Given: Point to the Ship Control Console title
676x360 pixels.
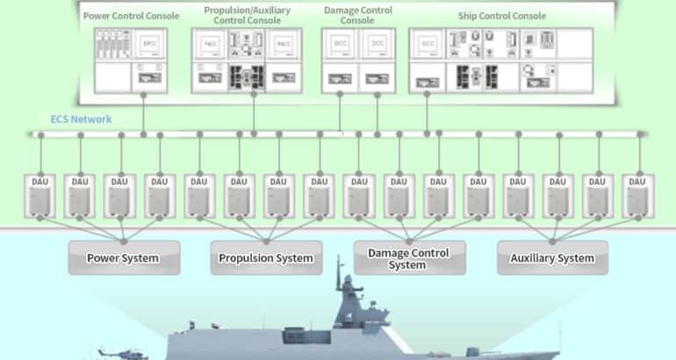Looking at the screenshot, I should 501,16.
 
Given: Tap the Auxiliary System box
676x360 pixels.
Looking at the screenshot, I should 551,258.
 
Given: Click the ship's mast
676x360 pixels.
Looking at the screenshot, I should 345,281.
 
